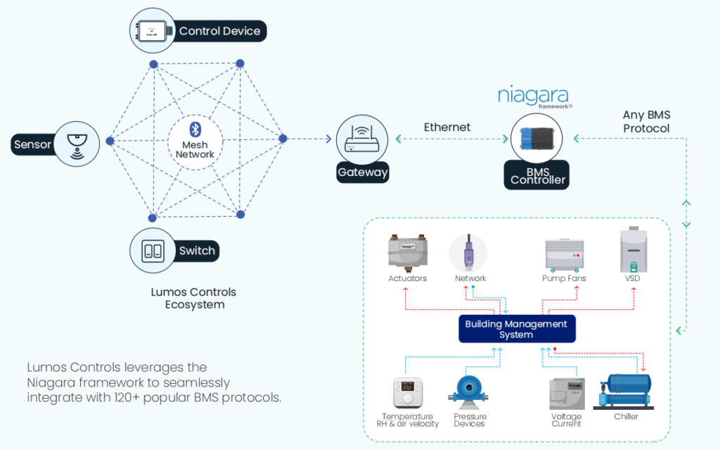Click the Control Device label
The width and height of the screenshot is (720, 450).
pyautogui.click(x=219, y=31)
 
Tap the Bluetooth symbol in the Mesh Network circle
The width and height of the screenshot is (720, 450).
pyautogui.click(x=196, y=129)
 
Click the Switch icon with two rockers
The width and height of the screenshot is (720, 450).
pyautogui.click(x=153, y=250)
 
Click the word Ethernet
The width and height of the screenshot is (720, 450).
pyautogui.click(x=447, y=127)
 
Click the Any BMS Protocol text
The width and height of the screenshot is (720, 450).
pyautogui.click(x=646, y=122)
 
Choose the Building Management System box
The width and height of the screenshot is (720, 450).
pyautogui.click(x=517, y=329)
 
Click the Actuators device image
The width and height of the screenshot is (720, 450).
pyautogui.click(x=408, y=252)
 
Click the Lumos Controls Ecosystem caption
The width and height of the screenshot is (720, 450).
pyautogui.click(x=194, y=299)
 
